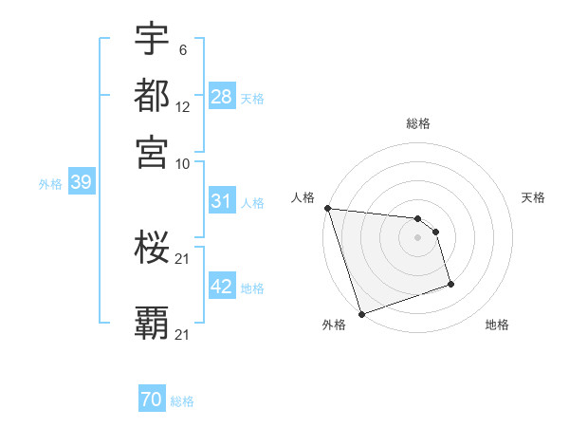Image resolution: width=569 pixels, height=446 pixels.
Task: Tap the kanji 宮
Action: [152, 152]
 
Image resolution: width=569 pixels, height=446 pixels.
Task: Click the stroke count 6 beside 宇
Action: [182, 49]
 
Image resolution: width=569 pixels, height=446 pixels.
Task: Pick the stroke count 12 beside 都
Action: [183, 108]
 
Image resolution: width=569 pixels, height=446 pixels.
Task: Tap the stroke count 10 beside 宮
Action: [183, 164]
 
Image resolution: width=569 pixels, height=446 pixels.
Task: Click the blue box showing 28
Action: [222, 97]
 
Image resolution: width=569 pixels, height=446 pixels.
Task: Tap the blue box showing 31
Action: [222, 201]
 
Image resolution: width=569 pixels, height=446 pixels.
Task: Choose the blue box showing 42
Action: [222, 287]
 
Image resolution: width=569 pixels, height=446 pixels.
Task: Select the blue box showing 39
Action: [81, 183]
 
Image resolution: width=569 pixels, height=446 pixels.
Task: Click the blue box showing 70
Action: [152, 400]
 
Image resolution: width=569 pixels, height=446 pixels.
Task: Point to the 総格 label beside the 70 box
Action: [182, 401]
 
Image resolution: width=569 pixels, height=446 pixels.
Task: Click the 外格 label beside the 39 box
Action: [50, 184]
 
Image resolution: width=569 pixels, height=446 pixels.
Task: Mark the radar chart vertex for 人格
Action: [327, 208]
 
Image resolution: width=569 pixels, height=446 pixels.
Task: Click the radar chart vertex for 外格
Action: [362, 313]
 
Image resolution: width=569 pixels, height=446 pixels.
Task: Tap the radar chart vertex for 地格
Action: [450, 284]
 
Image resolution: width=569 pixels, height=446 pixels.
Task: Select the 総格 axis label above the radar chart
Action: [417, 123]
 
